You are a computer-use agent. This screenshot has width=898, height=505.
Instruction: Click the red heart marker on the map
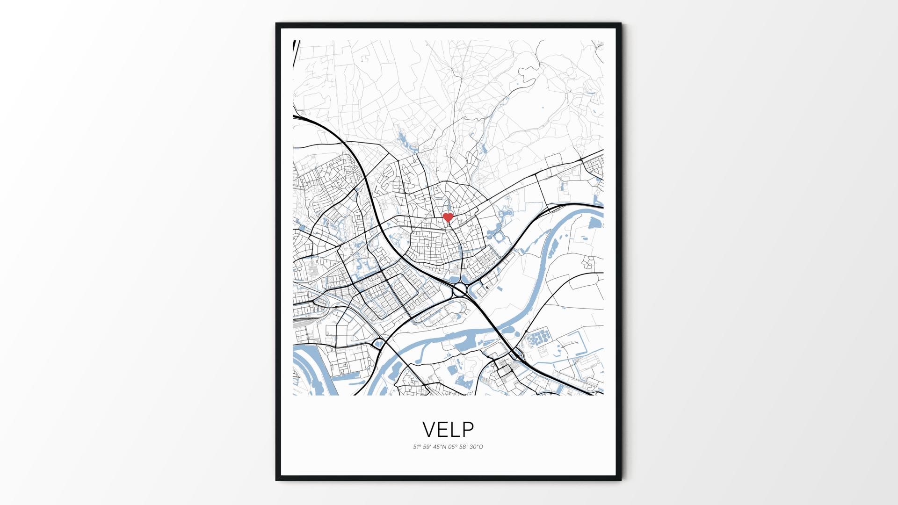[x=448, y=217]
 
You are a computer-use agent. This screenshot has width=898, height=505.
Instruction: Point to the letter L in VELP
[x=456, y=429]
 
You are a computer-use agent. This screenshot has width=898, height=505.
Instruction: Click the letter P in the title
[x=468, y=429]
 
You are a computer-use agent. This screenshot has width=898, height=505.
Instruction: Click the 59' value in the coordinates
[x=427, y=447]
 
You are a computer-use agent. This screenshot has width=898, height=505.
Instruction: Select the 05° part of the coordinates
[x=453, y=447]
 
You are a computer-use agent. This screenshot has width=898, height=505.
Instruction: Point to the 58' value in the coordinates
[x=463, y=447]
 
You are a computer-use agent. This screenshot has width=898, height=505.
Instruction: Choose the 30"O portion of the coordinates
[x=476, y=447]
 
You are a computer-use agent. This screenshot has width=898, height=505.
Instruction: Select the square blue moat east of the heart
[x=497, y=237]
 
